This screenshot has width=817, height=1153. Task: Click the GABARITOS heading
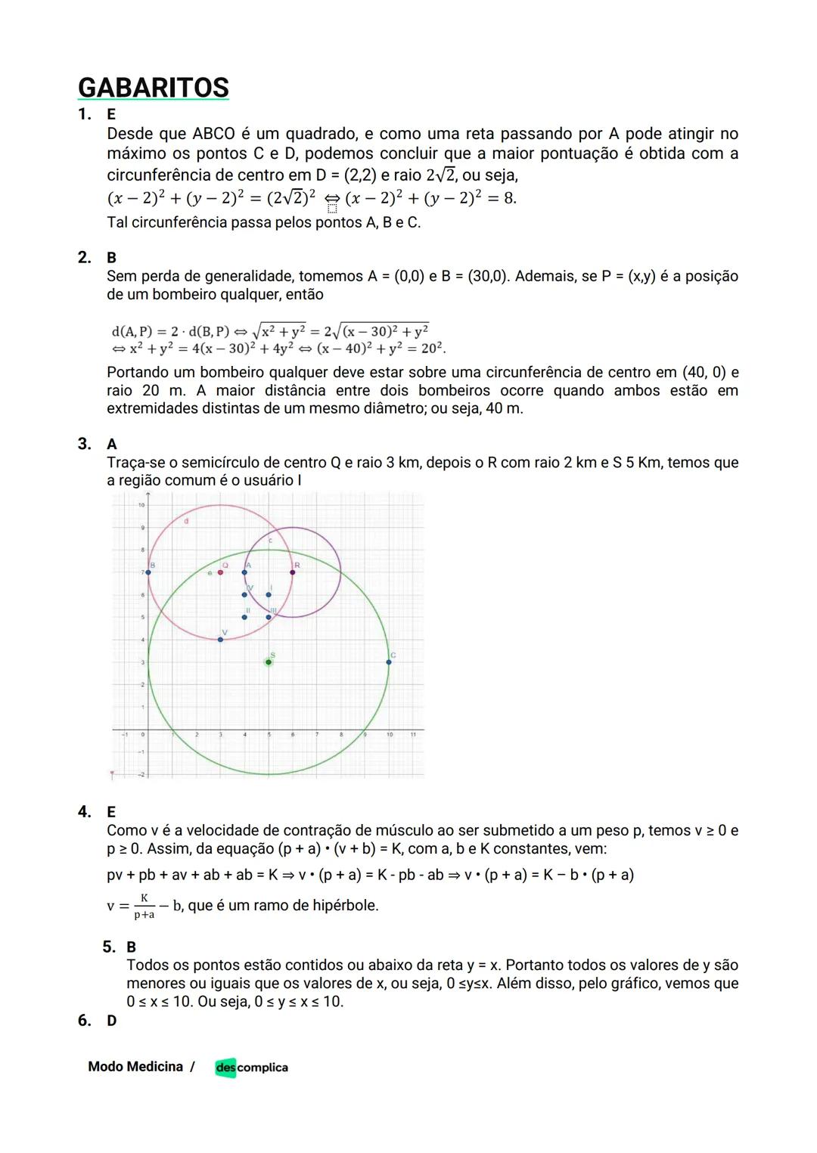click(x=154, y=88)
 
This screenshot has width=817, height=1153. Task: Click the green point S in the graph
click(x=269, y=662)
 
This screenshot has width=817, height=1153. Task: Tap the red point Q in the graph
click(x=220, y=572)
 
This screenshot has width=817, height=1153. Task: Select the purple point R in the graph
click(x=293, y=572)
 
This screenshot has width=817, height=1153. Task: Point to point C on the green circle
click(x=389, y=662)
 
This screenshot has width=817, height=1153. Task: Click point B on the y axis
click(x=148, y=572)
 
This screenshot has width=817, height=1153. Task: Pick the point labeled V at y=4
click(x=220, y=640)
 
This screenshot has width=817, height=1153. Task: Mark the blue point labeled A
click(x=244, y=572)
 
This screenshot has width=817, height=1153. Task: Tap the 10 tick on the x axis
click(x=389, y=734)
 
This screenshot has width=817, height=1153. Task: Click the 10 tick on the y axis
click(x=141, y=504)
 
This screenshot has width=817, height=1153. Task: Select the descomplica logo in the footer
click(x=251, y=1068)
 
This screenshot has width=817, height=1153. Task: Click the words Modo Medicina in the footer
click(x=135, y=1067)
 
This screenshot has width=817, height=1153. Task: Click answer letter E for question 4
click(x=111, y=812)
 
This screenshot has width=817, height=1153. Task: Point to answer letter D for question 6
click(x=111, y=1021)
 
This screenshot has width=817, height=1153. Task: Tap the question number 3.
click(x=84, y=444)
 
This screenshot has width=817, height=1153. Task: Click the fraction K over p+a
click(x=144, y=906)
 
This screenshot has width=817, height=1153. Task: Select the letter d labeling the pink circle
click(x=186, y=521)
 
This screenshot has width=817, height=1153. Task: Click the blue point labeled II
click(x=244, y=617)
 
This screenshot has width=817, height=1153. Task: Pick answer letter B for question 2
click(x=111, y=258)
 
